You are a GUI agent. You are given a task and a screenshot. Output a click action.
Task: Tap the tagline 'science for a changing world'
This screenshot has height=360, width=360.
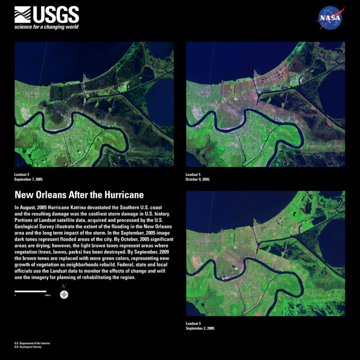point(46,27)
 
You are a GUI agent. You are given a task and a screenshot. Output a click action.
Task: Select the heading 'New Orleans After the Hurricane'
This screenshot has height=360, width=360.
point(79,195)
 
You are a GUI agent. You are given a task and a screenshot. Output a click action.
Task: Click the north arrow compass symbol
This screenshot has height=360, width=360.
point(63,293)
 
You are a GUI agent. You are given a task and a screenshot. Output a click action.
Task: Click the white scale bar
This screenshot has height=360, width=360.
point(30,291)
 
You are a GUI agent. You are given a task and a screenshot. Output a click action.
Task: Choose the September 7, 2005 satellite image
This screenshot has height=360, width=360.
point(94,104)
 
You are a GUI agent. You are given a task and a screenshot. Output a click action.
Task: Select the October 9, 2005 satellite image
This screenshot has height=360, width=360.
point(265,104)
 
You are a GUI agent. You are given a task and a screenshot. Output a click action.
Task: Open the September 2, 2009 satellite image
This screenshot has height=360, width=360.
point(265,253)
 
